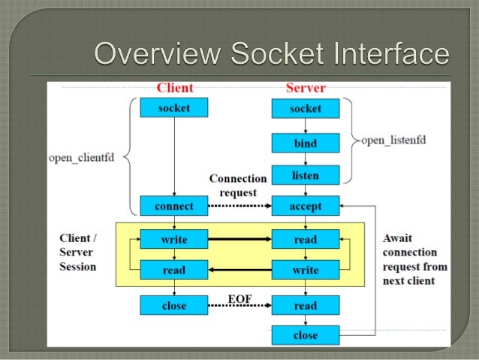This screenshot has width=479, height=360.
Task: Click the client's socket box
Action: coord(174,108)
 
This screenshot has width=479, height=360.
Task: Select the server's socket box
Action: coord(305,109)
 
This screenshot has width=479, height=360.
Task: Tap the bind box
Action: coord(305,144)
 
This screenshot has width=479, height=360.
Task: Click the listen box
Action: coord(305,176)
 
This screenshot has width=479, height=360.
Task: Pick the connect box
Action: coord(174,206)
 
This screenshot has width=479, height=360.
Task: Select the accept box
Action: coord(305,206)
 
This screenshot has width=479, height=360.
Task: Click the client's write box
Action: coord(174,240)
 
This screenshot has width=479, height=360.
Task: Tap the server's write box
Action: coord(305,270)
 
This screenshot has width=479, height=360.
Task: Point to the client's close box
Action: coord(174,305)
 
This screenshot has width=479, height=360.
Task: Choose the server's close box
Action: coord(305,335)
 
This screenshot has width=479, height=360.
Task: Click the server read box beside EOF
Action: coord(305,305)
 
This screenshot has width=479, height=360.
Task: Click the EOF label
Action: coord(239,298)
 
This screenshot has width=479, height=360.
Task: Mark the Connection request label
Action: coord(237,185)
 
